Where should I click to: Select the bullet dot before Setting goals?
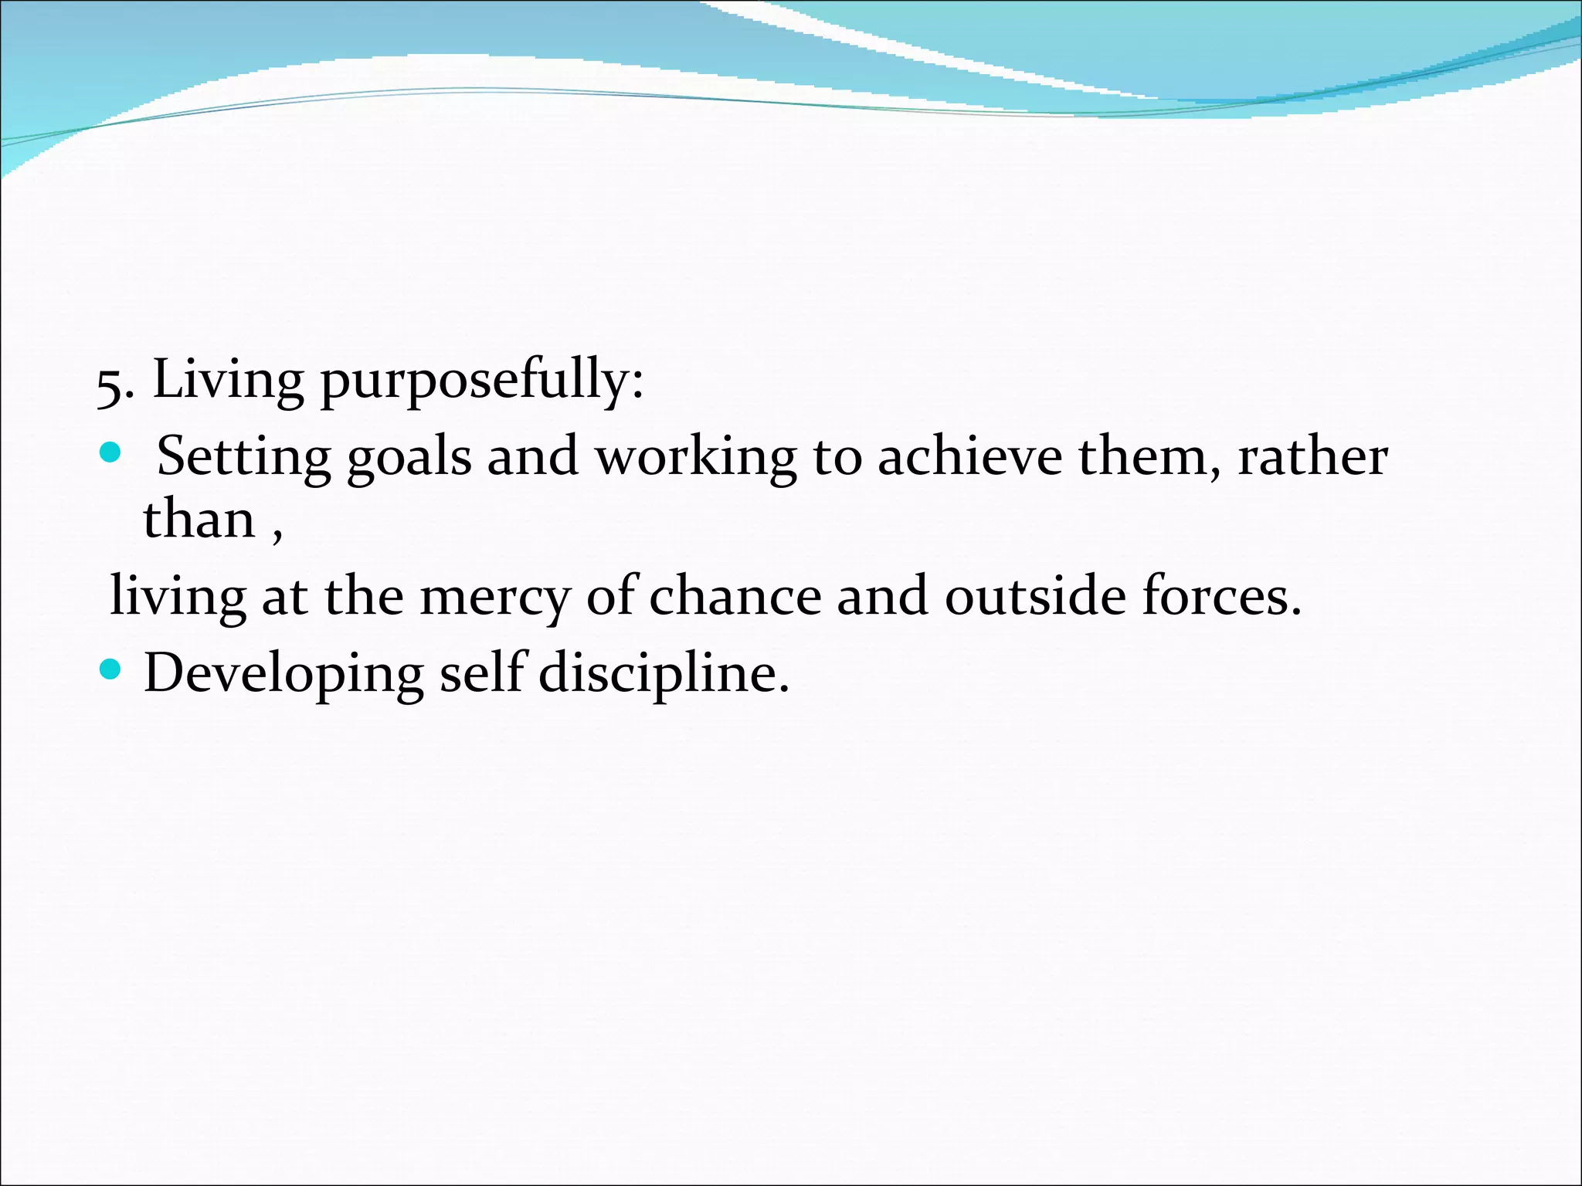click(x=111, y=452)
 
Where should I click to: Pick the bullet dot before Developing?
click(x=111, y=669)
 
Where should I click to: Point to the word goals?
click(x=409, y=458)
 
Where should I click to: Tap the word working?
click(x=695, y=458)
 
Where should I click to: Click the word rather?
click(x=1312, y=456)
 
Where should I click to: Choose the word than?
click(x=199, y=519)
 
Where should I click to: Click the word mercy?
click(x=494, y=598)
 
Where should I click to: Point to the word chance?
click(x=735, y=596)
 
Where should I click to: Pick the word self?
click(x=483, y=672)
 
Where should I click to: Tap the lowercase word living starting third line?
click(x=178, y=598)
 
